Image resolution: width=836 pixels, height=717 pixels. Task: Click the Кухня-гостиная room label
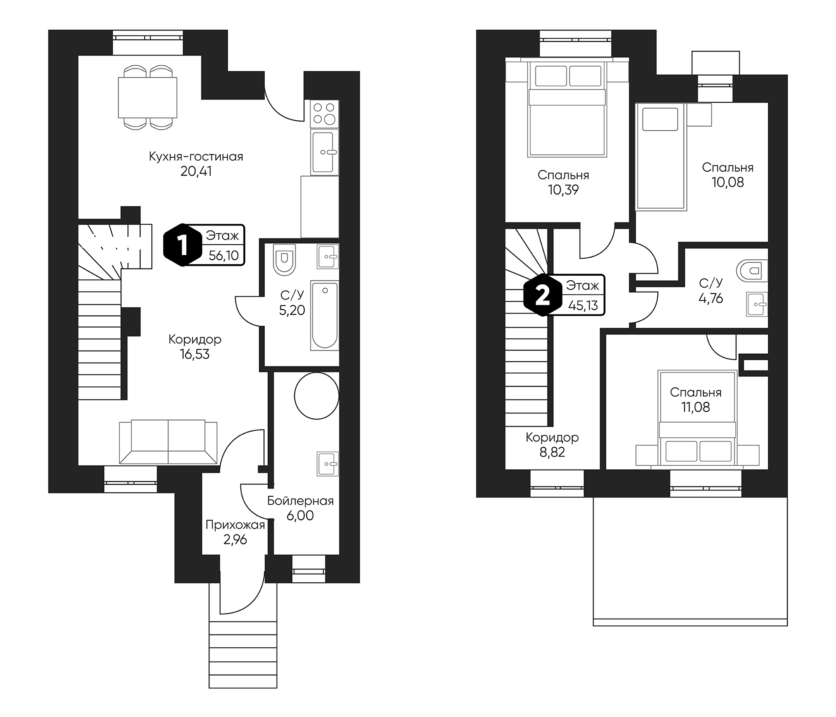(x=196, y=157)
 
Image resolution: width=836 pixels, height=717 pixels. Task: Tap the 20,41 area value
(x=196, y=172)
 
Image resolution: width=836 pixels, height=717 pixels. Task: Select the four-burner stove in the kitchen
(x=324, y=114)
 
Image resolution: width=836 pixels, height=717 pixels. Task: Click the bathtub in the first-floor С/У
(x=324, y=315)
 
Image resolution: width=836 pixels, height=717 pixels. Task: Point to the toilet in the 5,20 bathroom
(x=285, y=259)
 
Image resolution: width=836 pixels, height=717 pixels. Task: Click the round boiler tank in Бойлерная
(x=317, y=396)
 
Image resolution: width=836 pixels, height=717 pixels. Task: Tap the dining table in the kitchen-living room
(x=147, y=97)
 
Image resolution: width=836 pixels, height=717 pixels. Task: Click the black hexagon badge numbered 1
(x=183, y=245)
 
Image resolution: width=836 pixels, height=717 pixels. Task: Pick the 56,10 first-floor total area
(x=223, y=256)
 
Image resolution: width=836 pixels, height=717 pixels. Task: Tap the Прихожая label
(x=235, y=525)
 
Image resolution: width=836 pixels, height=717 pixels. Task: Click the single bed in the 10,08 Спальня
(x=660, y=157)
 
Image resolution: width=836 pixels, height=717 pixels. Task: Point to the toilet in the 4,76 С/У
(x=752, y=270)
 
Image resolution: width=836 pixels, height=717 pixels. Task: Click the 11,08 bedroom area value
(x=695, y=407)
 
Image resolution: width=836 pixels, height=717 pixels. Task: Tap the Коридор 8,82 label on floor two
(x=552, y=445)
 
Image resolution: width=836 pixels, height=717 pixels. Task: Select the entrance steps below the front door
(x=243, y=654)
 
